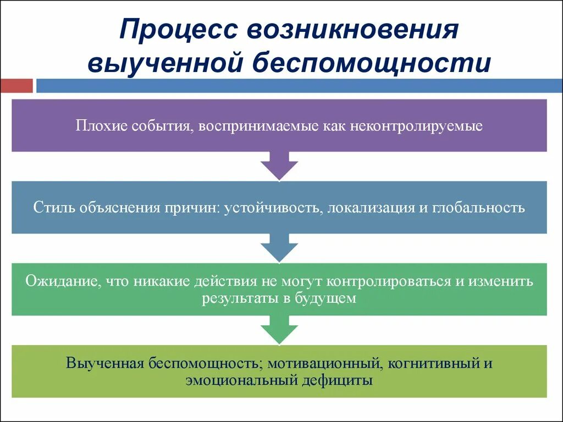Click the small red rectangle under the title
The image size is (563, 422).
tap(16, 86)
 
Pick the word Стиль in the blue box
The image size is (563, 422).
tap(54, 208)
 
